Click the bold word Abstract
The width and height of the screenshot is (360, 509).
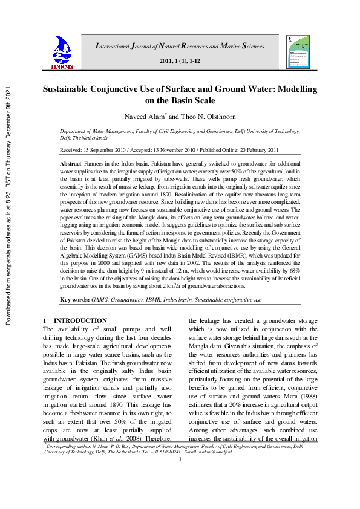tap(72, 164)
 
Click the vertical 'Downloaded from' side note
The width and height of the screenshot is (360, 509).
tap(8, 206)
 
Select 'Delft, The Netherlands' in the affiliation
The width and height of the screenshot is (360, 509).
tap(85, 138)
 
